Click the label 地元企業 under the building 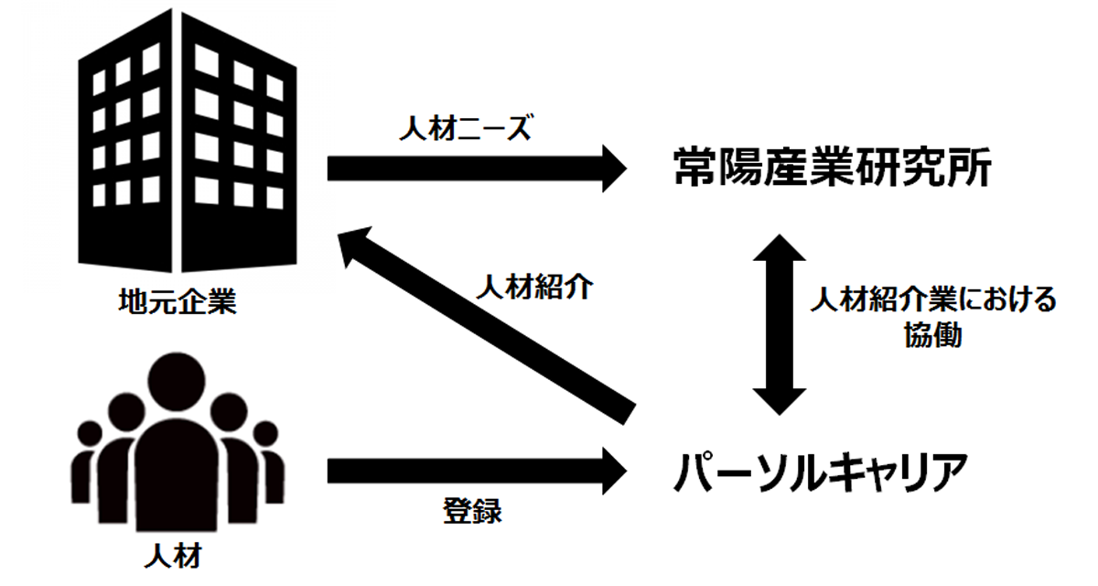tap(178, 301)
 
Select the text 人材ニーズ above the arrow tap(465, 128)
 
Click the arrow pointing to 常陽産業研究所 tap(477, 168)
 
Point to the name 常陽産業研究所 tap(833, 168)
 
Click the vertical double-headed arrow tap(780, 325)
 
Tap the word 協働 tap(933, 335)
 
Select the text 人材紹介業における tap(933, 299)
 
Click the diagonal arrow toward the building tap(486, 325)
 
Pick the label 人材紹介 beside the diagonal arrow tap(534, 287)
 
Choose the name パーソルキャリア tap(821, 472)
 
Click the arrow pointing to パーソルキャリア tap(477, 471)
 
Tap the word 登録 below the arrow tap(472, 511)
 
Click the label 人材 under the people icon tap(173, 557)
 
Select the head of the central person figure tap(177, 382)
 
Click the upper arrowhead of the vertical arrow tap(780, 247)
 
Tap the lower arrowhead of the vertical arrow tap(780, 402)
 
